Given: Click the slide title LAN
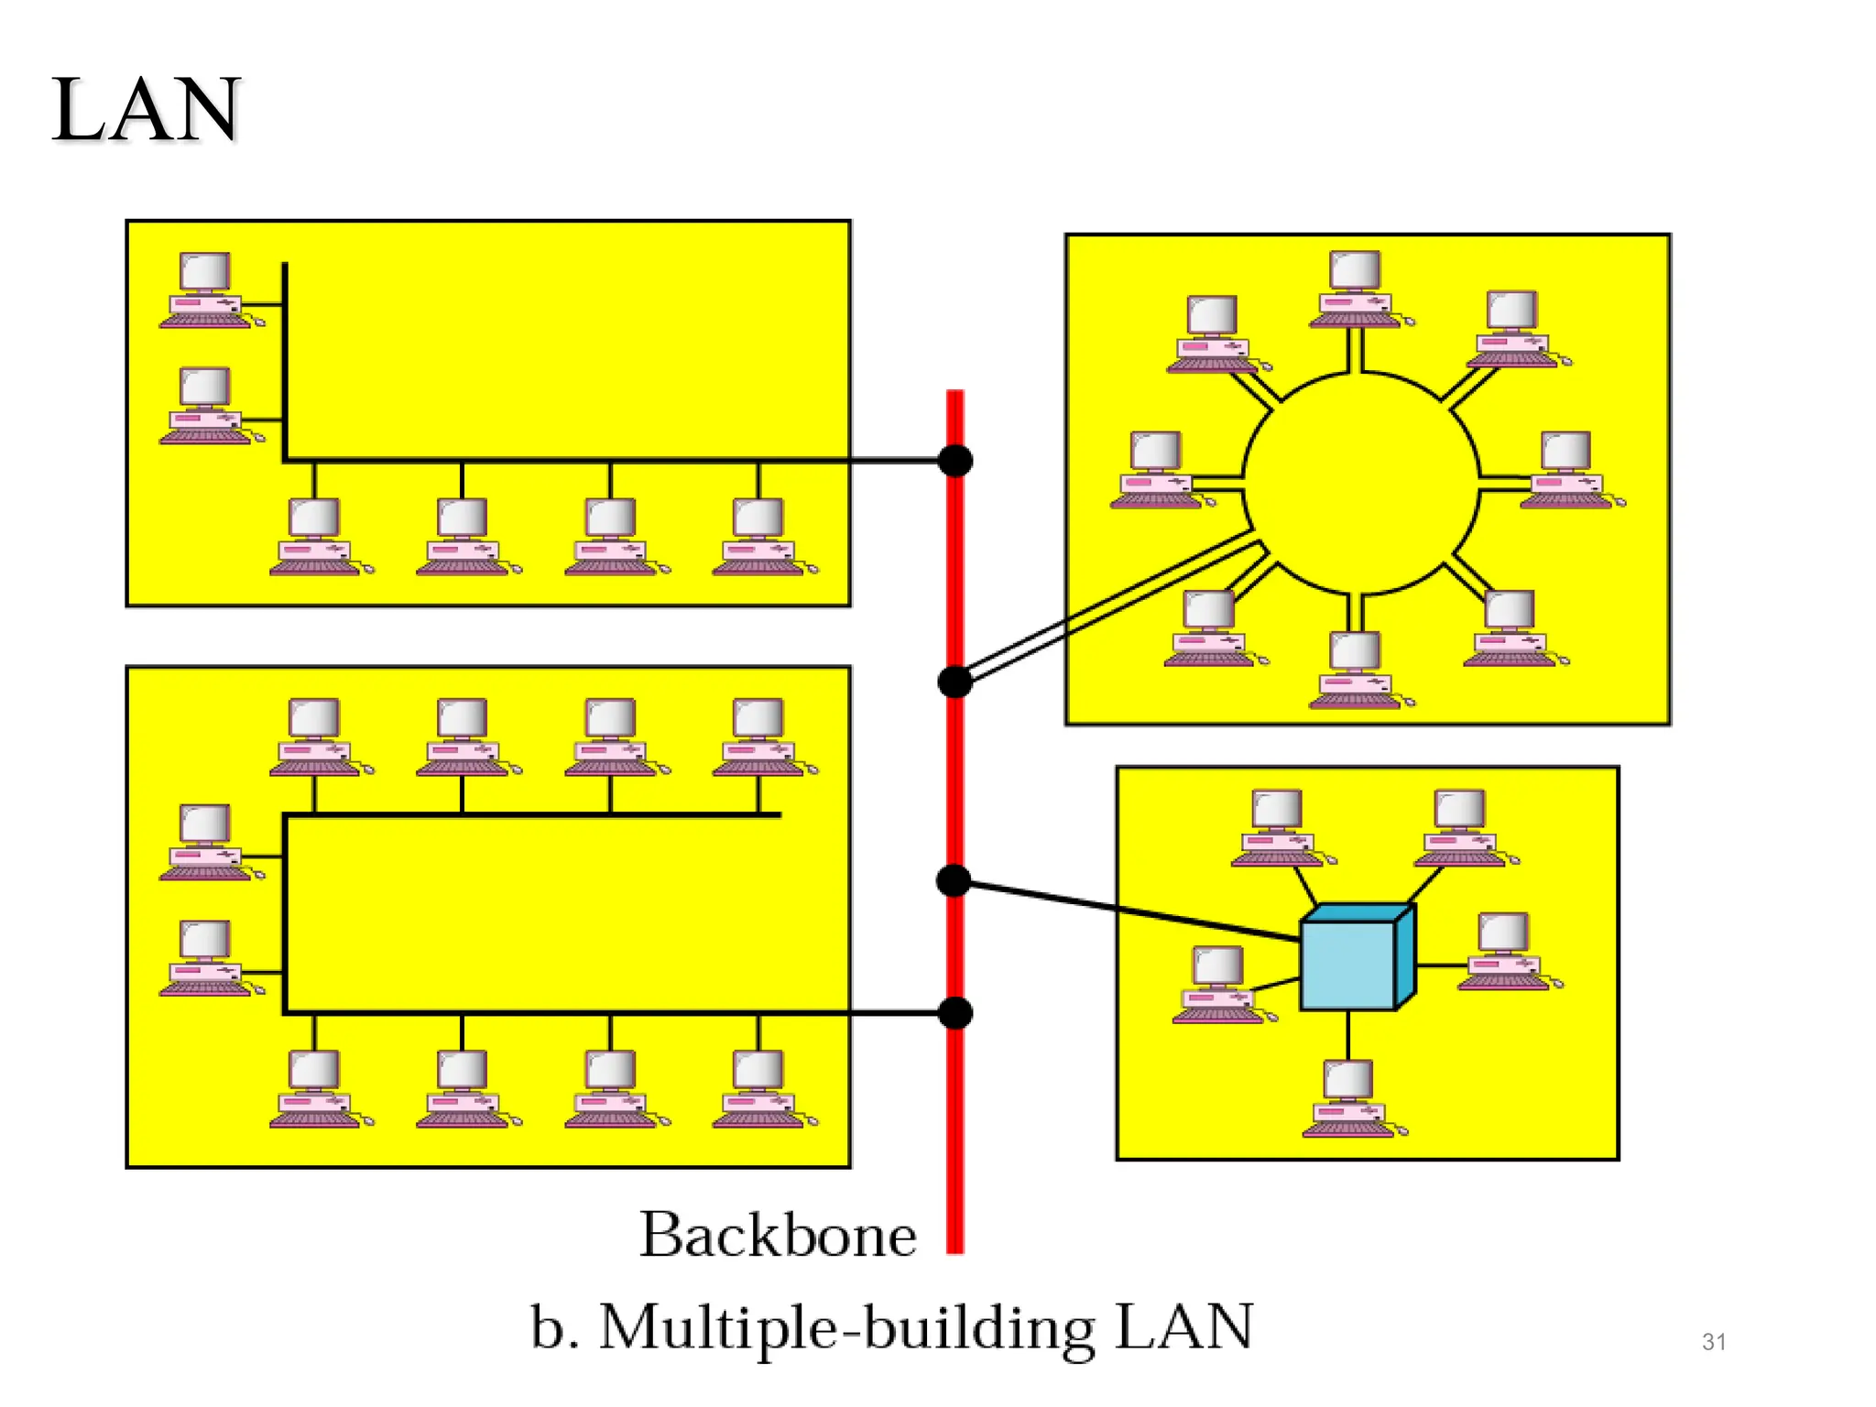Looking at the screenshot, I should [x=147, y=110].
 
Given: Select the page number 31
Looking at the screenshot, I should [x=1714, y=1342].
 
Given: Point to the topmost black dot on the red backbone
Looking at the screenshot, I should [x=955, y=461].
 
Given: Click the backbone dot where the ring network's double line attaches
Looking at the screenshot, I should [x=955, y=682].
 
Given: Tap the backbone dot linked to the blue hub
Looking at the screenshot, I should [x=954, y=881].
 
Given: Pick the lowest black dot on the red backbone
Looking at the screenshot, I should [x=955, y=1013].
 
